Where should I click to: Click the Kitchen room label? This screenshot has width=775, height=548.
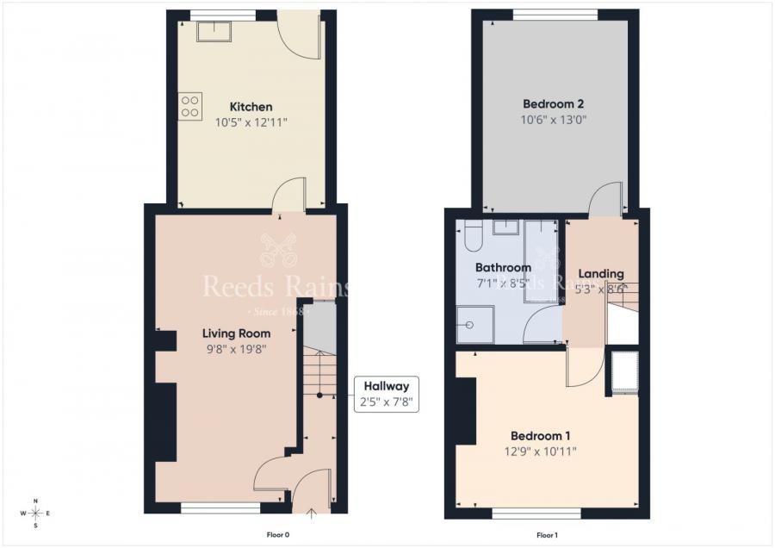(x=251, y=107)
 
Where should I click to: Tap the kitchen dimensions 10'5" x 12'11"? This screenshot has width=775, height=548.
(x=251, y=123)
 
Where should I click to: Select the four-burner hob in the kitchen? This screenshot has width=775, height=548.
(x=189, y=106)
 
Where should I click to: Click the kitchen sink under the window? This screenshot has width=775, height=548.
(x=211, y=31)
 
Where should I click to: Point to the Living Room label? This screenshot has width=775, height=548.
(x=236, y=333)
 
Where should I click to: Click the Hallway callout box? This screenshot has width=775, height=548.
(x=386, y=394)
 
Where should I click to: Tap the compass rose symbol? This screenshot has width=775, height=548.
(x=35, y=513)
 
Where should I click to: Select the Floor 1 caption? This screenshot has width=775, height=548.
(x=547, y=535)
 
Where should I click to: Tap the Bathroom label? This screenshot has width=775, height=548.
(x=503, y=268)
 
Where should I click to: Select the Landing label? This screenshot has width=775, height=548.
(x=600, y=274)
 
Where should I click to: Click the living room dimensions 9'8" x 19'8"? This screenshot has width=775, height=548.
(x=236, y=349)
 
